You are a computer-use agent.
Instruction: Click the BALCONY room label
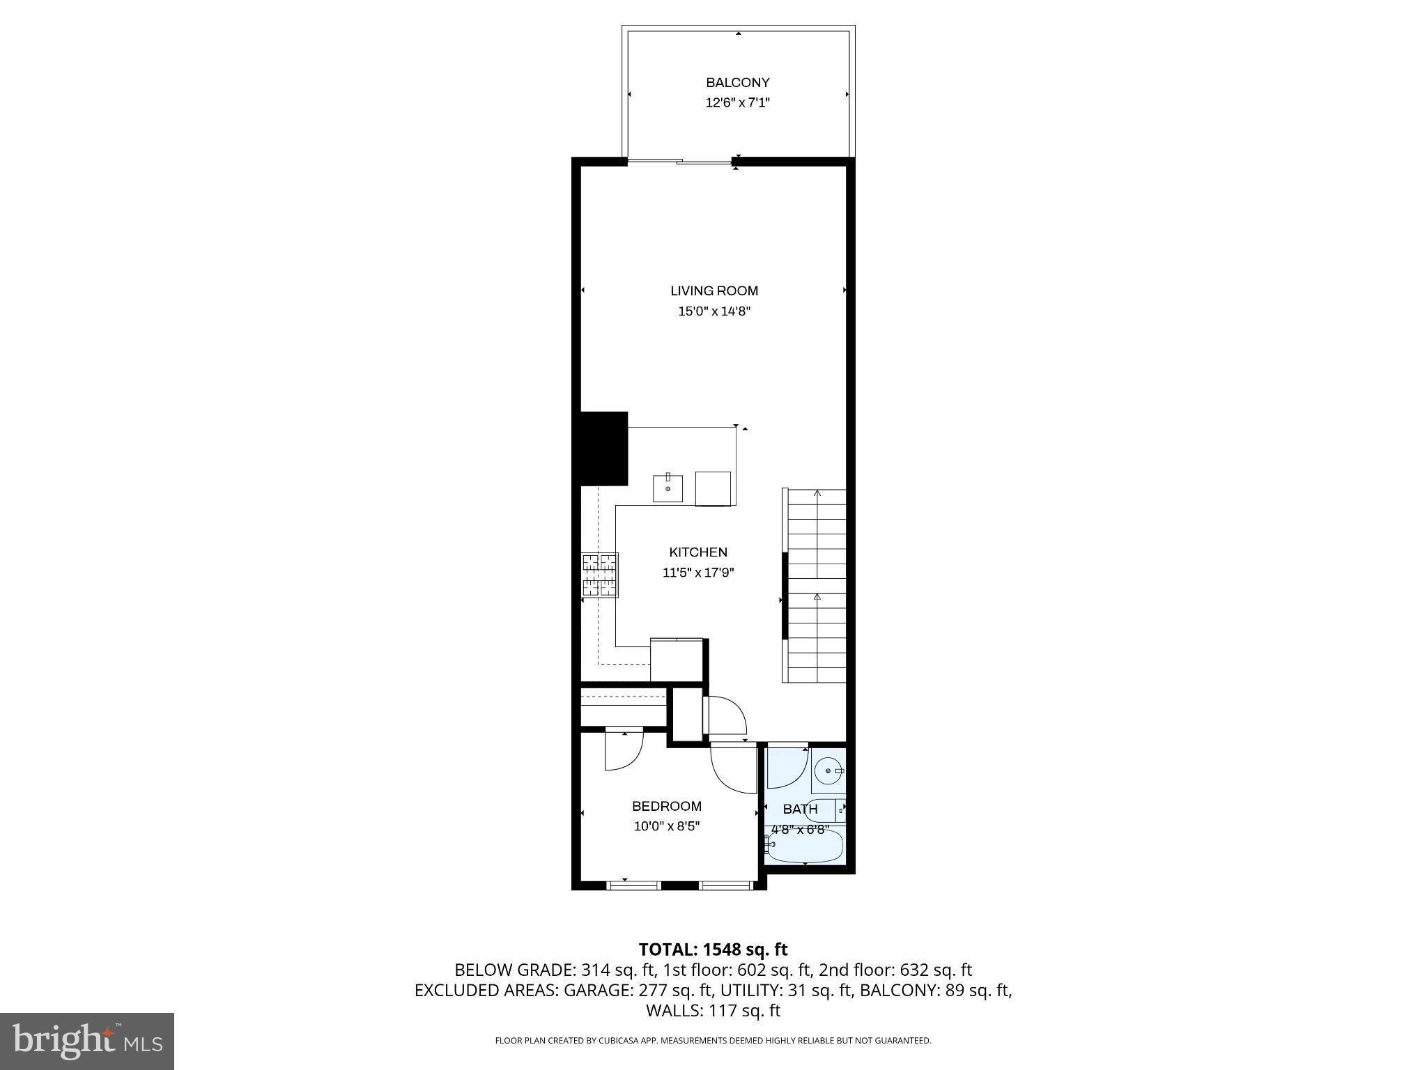737,83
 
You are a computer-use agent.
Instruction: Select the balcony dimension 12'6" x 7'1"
737,103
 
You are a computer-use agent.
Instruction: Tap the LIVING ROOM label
714,291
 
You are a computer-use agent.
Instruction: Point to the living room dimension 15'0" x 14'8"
714,311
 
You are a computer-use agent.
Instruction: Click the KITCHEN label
698,552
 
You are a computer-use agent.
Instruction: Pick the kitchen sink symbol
668,488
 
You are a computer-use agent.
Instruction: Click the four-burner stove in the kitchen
600,575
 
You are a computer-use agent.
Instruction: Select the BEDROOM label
666,807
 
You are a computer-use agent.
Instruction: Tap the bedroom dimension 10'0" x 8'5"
666,827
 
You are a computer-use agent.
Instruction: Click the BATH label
800,809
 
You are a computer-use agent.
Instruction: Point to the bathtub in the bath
805,847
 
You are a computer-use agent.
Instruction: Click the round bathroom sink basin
828,771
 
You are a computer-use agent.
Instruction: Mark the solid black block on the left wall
600,448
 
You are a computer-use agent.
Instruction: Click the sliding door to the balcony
679,162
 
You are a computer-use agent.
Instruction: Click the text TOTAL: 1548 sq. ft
713,949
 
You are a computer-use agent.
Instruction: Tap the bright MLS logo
87,1041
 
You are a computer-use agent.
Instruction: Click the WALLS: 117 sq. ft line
713,1011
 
